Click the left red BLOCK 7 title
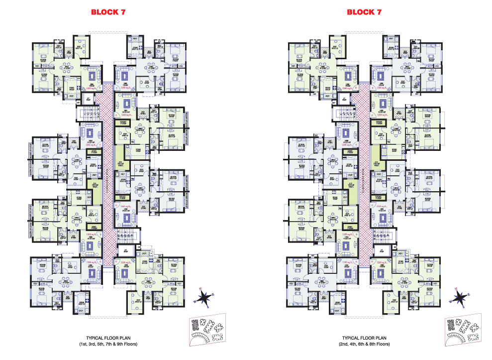108,12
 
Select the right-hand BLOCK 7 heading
364,12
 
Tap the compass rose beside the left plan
203,297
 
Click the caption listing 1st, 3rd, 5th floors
108,344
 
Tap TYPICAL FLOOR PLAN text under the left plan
108,337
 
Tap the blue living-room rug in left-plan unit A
91,272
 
